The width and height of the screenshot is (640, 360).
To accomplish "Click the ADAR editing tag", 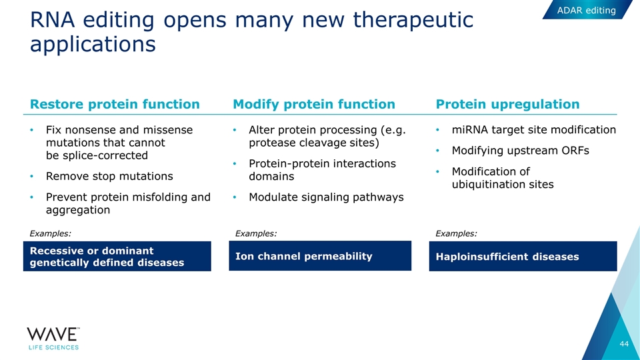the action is click(587, 10).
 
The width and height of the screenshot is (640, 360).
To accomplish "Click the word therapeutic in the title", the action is click(413, 20).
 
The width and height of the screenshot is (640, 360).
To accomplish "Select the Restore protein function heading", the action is click(115, 104).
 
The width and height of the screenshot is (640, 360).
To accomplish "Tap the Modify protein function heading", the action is click(314, 104).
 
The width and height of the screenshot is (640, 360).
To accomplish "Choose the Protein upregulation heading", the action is click(507, 104).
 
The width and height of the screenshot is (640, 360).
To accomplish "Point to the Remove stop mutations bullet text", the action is click(109, 176).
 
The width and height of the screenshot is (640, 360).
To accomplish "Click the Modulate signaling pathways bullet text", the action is click(326, 197).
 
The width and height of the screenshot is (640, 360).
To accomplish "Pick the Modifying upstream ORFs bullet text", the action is click(521, 151).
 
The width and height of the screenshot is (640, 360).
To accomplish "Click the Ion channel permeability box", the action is click(320, 255).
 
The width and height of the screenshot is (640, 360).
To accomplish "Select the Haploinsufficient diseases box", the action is click(523, 256).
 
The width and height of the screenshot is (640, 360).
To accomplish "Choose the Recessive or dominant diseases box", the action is click(117, 256).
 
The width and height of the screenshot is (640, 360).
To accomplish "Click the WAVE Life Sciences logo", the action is click(53, 339).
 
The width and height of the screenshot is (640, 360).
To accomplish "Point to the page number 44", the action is click(624, 344).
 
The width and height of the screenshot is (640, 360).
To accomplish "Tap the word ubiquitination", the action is click(489, 185).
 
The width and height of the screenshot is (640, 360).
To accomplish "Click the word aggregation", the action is click(78, 210).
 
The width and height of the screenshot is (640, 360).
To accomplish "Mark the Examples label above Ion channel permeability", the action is click(256, 233).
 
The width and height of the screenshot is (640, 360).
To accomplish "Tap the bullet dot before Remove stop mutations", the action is click(31, 176).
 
